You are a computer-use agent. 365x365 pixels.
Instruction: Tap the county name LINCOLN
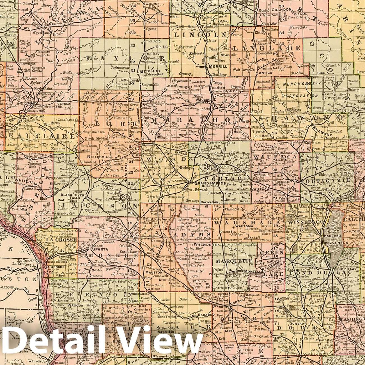(200, 35)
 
